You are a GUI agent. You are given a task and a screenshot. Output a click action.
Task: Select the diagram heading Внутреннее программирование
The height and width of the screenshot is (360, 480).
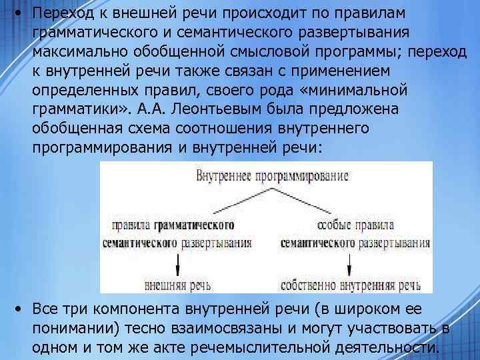pos(273,176)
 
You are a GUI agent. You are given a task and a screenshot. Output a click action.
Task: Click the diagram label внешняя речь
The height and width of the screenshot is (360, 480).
pos(178,285)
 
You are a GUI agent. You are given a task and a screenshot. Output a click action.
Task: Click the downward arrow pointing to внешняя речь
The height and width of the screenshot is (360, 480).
pos(178,265)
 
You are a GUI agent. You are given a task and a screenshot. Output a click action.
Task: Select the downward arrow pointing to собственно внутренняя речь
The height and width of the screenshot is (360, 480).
pos(350,265)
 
